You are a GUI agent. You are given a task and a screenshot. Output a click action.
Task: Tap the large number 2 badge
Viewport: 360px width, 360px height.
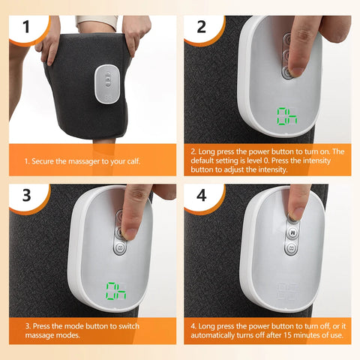(200, 28)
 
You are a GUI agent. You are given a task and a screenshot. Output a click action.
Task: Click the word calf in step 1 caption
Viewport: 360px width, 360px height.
(144, 160)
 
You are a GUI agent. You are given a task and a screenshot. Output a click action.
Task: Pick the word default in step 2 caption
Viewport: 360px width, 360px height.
(209, 160)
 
